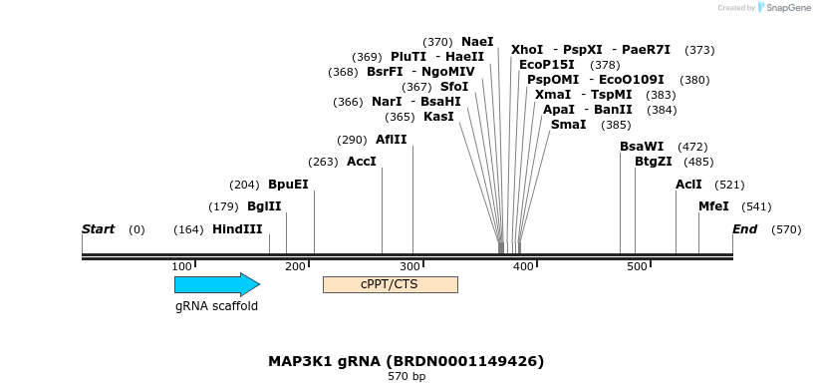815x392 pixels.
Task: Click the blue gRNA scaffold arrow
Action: point(217,284)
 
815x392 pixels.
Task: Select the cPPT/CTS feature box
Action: point(391,284)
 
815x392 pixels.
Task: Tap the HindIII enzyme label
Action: point(237,229)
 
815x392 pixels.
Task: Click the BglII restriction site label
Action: point(264,206)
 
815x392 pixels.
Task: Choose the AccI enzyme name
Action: point(362,162)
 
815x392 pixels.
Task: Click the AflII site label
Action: point(392,139)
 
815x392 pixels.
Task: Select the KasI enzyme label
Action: point(438,116)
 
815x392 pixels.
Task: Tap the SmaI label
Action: point(569,125)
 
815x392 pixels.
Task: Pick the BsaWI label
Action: point(642,147)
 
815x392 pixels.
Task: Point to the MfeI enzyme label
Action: point(713,206)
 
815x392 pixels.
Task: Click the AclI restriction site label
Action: point(688,185)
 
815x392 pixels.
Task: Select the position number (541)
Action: point(756,207)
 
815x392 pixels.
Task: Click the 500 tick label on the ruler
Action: point(638,267)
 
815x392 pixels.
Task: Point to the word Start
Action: point(99,229)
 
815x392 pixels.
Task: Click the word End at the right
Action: point(745,229)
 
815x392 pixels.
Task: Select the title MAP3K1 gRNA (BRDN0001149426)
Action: point(406,361)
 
